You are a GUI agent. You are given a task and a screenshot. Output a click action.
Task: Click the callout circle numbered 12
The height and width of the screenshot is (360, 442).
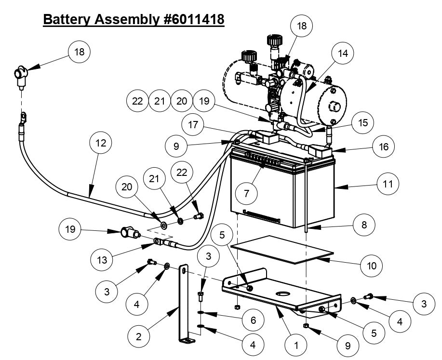click(x=101, y=143)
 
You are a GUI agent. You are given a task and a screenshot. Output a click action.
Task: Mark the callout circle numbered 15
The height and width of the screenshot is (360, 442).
click(x=363, y=122)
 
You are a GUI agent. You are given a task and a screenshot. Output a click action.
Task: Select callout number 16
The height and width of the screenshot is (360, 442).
click(x=383, y=146)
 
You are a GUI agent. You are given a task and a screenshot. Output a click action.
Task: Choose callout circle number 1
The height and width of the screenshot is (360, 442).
click(x=297, y=345)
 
